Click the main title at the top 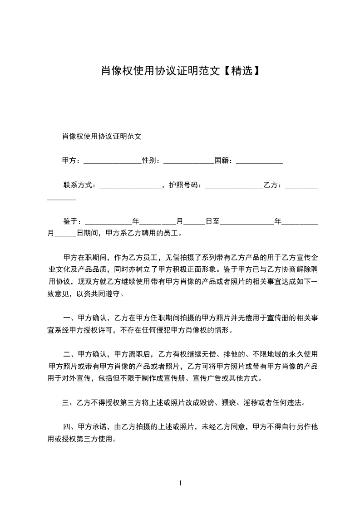(180, 71)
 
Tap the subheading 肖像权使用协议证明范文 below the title (102, 136)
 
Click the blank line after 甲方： (113, 162)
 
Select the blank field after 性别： (188, 162)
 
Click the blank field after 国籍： (260, 162)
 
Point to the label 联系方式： (79, 185)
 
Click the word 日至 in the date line (212, 221)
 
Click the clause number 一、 (70, 318)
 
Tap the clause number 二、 (70, 354)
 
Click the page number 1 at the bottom (180, 483)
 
